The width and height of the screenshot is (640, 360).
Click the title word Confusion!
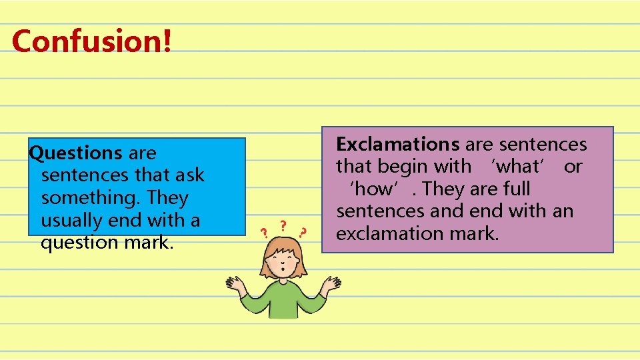tap(92, 41)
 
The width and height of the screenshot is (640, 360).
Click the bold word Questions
tap(75, 153)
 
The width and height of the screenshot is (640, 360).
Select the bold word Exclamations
tap(398, 144)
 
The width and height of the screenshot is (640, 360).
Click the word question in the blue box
tap(80, 242)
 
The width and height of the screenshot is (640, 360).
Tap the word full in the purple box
tap(515, 189)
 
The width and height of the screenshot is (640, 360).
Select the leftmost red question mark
tap(265, 233)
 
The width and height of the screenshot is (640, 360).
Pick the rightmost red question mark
tap(303, 233)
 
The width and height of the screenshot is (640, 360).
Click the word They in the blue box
tap(168, 198)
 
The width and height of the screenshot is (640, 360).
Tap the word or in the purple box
tap(573, 167)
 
